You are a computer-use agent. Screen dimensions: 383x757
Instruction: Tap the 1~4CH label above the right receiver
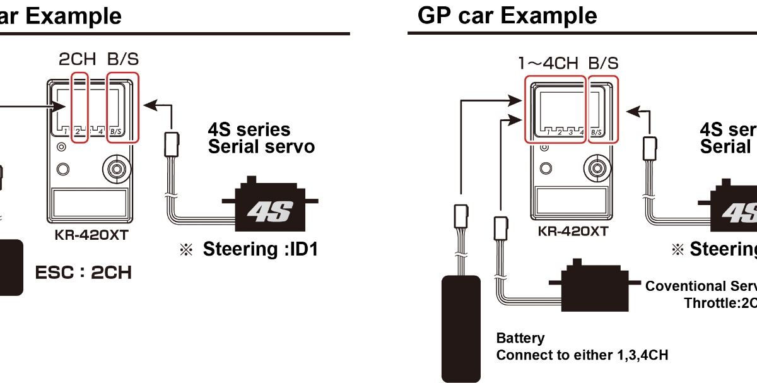(548, 63)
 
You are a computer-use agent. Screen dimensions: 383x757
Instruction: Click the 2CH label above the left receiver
(77, 60)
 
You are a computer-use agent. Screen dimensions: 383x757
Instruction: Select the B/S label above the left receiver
(123, 60)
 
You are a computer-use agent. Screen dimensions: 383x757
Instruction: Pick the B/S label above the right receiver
(603, 63)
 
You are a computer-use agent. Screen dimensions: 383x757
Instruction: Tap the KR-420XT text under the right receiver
(573, 231)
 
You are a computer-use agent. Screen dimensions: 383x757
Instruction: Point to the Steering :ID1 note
(259, 249)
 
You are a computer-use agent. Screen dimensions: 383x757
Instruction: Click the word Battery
(520, 339)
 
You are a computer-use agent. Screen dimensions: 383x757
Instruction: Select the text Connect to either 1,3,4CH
(582, 355)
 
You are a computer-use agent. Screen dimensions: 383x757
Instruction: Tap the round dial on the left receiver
(117, 168)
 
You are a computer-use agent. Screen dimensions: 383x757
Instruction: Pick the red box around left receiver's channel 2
(79, 107)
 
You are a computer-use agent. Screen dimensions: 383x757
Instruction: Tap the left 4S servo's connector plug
(171, 143)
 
